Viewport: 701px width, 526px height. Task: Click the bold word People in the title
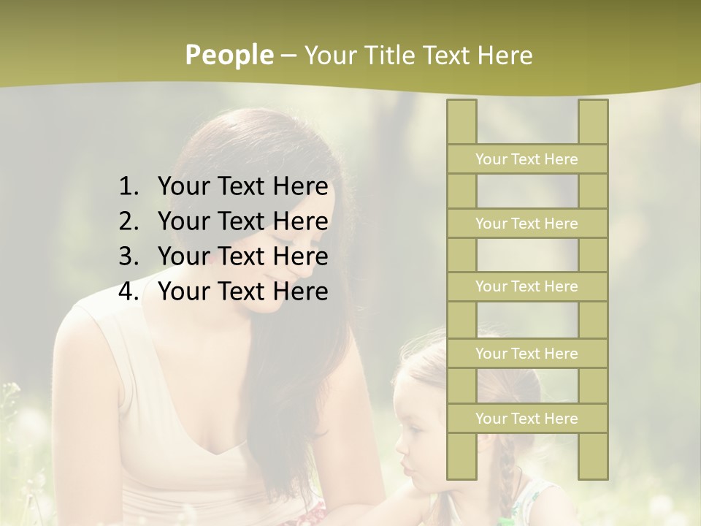click(229, 55)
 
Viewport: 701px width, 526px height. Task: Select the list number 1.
click(128, 187)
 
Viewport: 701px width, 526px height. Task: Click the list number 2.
click(128, 221)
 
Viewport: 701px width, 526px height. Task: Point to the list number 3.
click(128, 256)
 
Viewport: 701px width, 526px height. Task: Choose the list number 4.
click(128, 291)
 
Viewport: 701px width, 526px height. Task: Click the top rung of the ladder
click(526, 159)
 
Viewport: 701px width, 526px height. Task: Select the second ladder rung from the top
click(526, 224)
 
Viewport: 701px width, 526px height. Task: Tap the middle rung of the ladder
click(526, 286)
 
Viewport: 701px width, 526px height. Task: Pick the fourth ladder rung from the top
click(526, 354)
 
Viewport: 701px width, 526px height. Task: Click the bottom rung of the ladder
click(526, 419)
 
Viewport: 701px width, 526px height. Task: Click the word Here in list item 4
click(300, 291)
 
